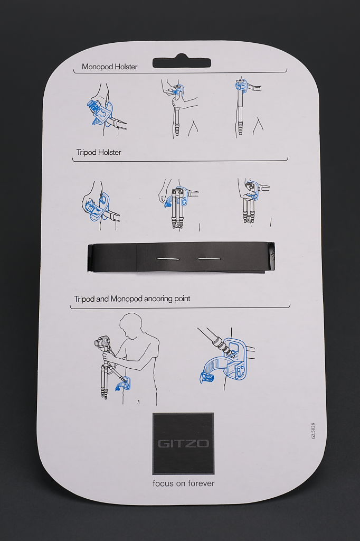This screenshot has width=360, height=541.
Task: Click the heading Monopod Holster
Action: click(x=110, y=67)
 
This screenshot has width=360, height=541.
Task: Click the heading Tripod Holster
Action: click(x=99, y=152)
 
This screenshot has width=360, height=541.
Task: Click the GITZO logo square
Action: click(x=183, y=443)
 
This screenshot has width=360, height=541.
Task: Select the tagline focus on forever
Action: click(x=184, y=483)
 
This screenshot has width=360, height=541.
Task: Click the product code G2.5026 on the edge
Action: click(x=313, y=431)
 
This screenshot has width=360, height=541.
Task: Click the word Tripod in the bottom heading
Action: click(x=84, y=299)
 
